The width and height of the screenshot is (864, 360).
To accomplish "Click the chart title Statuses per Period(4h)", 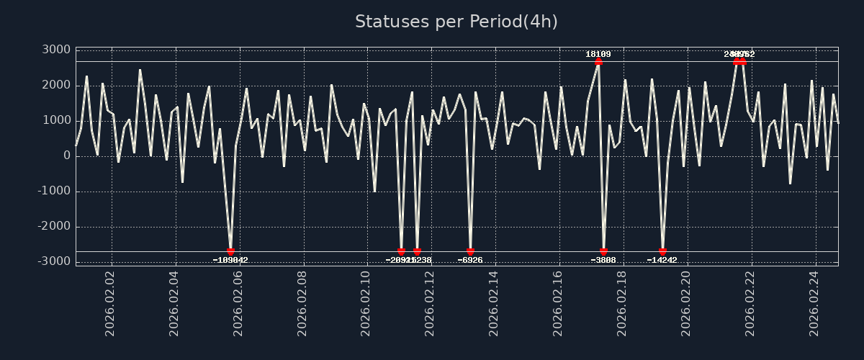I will click(x=456, y=22).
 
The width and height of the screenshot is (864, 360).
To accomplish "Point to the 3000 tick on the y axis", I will click(x=56, y=50).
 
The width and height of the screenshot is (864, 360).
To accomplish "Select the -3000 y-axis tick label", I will click(x=53, y=261).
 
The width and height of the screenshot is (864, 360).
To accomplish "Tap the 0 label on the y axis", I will click(x=66, y=156).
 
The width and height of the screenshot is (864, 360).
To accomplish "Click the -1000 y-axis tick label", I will click(x=53, y=191).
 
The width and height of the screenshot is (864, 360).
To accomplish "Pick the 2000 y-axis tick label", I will click(x=56, y=85).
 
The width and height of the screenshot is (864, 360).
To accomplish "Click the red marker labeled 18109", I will click(x=598, y=61).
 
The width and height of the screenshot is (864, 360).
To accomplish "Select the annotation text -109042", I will click(x=230, y=260).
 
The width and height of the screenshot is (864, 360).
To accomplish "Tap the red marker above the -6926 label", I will click(x=470, y=251).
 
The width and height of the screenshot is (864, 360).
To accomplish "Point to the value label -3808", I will click(x=603, y=260).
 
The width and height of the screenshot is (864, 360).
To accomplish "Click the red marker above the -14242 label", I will click(x=662, y=251).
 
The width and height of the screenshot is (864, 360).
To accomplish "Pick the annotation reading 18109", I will click(x=598, y=54).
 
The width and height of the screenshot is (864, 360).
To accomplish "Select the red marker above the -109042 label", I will click(x=230, y=251).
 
